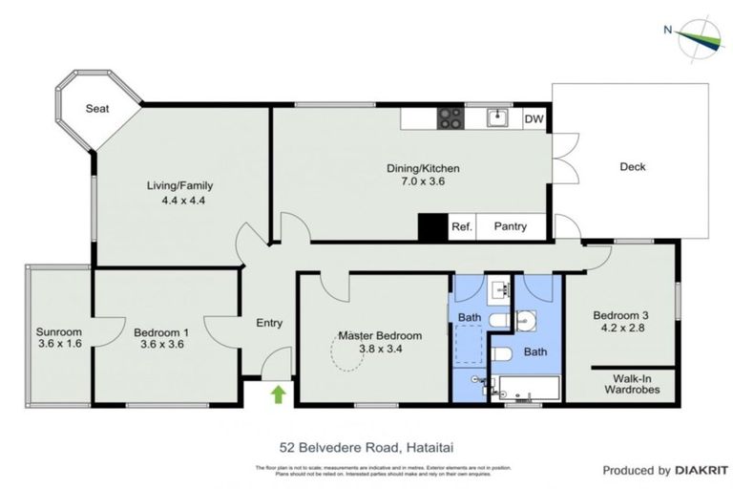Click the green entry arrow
[x=278, y=393]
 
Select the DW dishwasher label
[x=534, y=119]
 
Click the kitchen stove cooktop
[x=450, y=118]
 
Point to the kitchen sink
[x=496, y=118]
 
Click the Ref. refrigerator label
[x=463, y=226]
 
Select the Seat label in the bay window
[x=97, y=109]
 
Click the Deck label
[x=633, y=166]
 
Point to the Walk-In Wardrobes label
[x=633, y=383]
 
